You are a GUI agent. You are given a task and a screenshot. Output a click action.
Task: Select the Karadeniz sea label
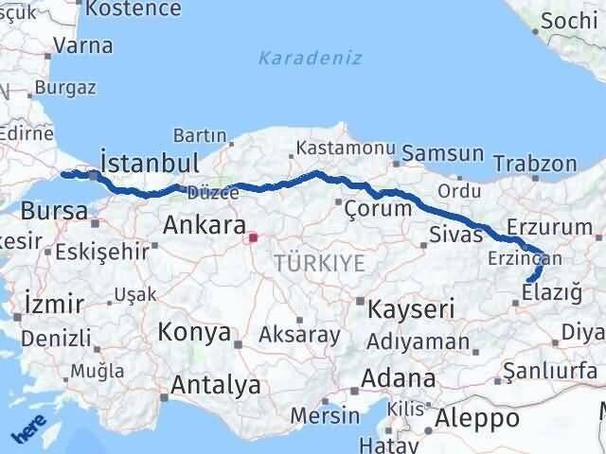coord(311,58)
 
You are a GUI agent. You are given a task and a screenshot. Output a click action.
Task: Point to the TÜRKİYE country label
coord(319,264)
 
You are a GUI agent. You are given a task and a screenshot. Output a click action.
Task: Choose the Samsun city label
coord(442,153)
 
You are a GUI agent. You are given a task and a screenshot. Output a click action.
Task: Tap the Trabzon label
coord(535,163)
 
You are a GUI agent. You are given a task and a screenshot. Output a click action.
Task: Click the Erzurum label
coord(549,227)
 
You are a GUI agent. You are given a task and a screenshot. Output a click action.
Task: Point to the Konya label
coord(194,332)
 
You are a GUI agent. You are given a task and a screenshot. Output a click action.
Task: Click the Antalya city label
coord(215,385)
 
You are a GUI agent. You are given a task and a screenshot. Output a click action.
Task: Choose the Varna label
coord(83,44)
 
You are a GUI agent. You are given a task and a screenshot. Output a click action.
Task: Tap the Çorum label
coord(378,207)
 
